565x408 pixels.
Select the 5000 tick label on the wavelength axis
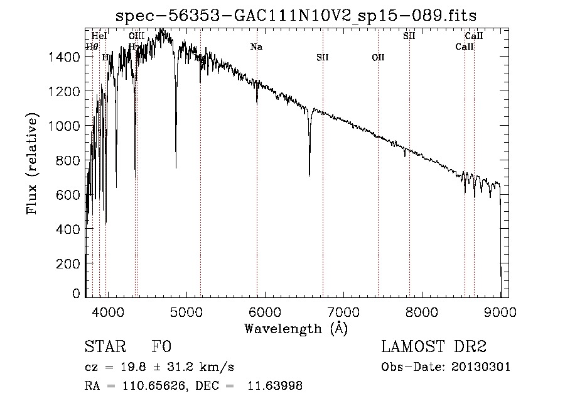185,311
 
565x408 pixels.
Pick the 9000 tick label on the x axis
500,311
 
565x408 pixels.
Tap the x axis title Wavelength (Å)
296,328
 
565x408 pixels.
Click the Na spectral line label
256,47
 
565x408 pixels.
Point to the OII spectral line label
378,57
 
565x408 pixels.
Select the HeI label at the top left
99,36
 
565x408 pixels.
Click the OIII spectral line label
136,36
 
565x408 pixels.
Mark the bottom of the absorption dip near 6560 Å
309,175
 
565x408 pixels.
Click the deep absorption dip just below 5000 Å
176,167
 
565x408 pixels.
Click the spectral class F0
161,347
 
